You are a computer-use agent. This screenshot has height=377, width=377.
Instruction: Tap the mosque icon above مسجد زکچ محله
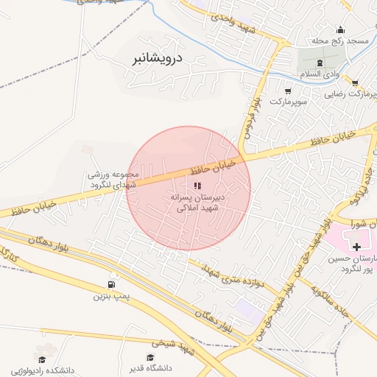(x=340, y=30)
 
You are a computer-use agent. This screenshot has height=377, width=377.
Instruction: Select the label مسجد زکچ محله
(x=341, y=42)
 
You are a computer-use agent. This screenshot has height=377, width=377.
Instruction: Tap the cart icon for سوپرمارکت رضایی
(x=356, y=83)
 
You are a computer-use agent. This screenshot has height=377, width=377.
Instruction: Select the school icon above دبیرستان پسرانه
(x=197, y=186)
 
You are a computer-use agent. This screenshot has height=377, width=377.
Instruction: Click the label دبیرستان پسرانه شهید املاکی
(x=197, y=202)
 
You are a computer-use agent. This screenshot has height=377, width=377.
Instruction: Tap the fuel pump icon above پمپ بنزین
(x=111, y=284)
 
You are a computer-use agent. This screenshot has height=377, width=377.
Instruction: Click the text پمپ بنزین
(x=111, y=297)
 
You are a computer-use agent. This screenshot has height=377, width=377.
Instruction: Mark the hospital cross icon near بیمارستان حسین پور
(x=357, y=244)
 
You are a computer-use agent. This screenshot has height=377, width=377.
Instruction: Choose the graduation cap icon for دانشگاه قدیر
(x=151, y=357)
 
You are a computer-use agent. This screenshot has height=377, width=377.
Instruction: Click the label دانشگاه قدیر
(x=152, y=368)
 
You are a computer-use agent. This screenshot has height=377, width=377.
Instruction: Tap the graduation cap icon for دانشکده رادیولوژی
(x=42, y=359)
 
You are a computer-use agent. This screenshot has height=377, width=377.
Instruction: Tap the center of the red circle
(x=189, y=188)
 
